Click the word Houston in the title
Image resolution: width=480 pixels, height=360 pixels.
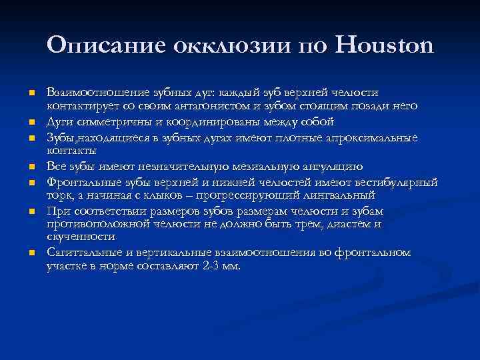tap(383, 46)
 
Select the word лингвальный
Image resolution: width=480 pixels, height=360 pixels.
tap(339, 196)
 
